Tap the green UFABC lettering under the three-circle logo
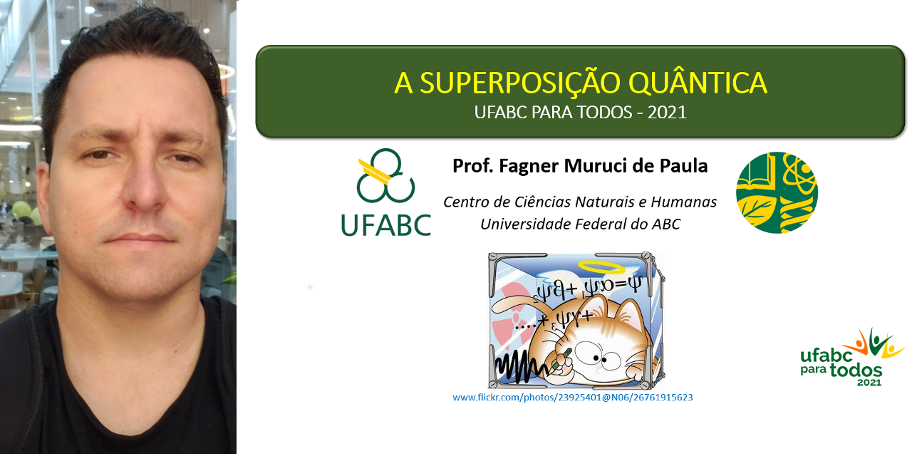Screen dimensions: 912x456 pos(385,224)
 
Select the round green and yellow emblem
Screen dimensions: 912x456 pos(777,192)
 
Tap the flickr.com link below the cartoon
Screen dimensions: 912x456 pos(572,398)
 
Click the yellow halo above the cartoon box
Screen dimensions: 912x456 pos(601,267)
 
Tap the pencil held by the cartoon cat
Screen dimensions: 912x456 pos(561,359)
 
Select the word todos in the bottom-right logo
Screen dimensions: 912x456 pos(856,370)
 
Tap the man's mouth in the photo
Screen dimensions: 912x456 pos(140,238)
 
